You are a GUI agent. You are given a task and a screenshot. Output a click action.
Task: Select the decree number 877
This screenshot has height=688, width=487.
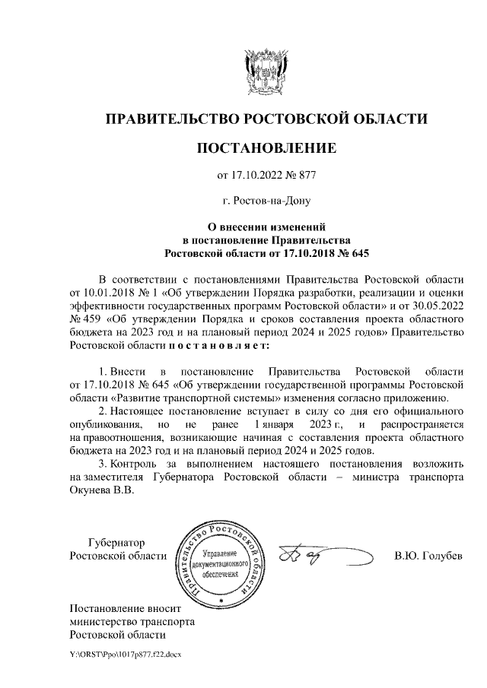304,176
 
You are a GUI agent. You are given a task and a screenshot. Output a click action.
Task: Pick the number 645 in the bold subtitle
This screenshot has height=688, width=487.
362,252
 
